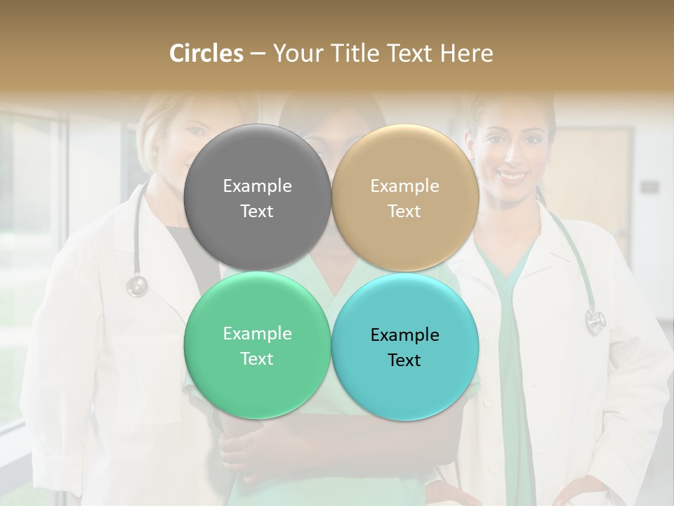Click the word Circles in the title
(206, 53)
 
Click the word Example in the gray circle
(257, 186)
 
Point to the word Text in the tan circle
(404, 212)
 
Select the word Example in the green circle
(257, 333)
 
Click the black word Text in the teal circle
(404, 361)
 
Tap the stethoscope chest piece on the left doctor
(137, 285)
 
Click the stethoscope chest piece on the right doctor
(595, 321)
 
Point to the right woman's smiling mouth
(512, 175)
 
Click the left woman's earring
(153, 153)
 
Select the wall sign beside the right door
(649, 187)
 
